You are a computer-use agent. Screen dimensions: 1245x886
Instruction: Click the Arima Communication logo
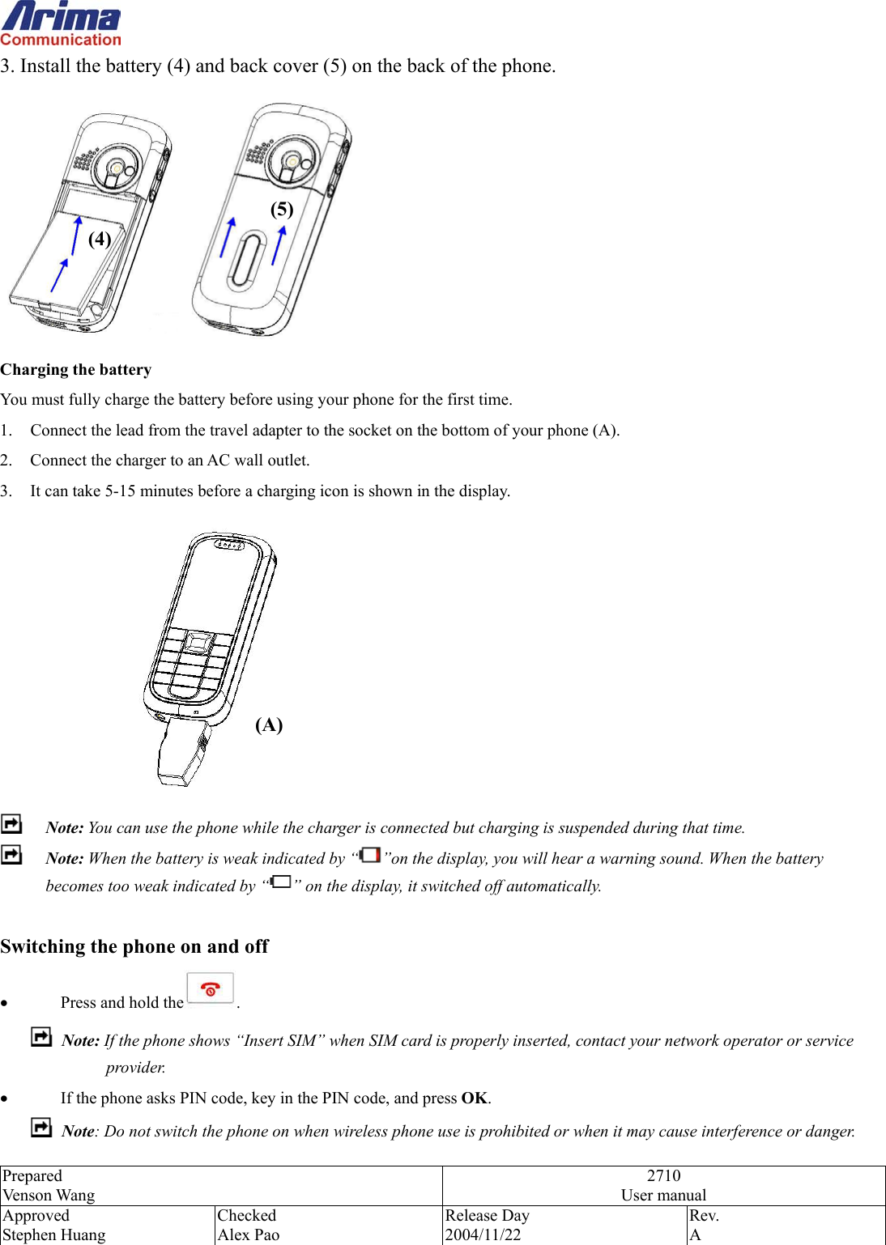point(61,24)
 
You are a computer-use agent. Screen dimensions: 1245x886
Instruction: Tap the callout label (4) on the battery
point(100,239)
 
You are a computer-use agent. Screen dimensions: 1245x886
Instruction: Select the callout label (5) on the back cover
point(282,210)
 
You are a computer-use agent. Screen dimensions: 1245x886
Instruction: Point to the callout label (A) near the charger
point(269,724)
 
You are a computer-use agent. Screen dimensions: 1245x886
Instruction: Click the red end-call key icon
point(211,989)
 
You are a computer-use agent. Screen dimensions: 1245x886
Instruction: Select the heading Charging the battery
point(76,370)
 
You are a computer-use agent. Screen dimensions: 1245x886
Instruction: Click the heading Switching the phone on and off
point(134,946)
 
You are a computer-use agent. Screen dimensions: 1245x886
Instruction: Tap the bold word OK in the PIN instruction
point(475,1098)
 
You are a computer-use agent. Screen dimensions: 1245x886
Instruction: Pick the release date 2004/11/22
point(483,1234)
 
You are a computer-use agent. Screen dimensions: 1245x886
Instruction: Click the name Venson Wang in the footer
point(49,1195)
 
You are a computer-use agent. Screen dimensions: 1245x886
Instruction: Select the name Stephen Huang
point(54,1234)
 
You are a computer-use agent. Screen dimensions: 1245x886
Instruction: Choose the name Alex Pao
point(249,1234)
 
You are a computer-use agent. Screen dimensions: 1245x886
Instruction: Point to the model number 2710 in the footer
point(663,1175)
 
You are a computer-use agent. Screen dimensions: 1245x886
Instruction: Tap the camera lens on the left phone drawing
point(117,168)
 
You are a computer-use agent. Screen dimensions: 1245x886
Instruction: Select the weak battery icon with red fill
point(370,855)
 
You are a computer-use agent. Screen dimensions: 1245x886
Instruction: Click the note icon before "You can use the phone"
point(12,824)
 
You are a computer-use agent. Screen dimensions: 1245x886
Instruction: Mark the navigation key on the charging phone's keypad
point(197,644)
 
